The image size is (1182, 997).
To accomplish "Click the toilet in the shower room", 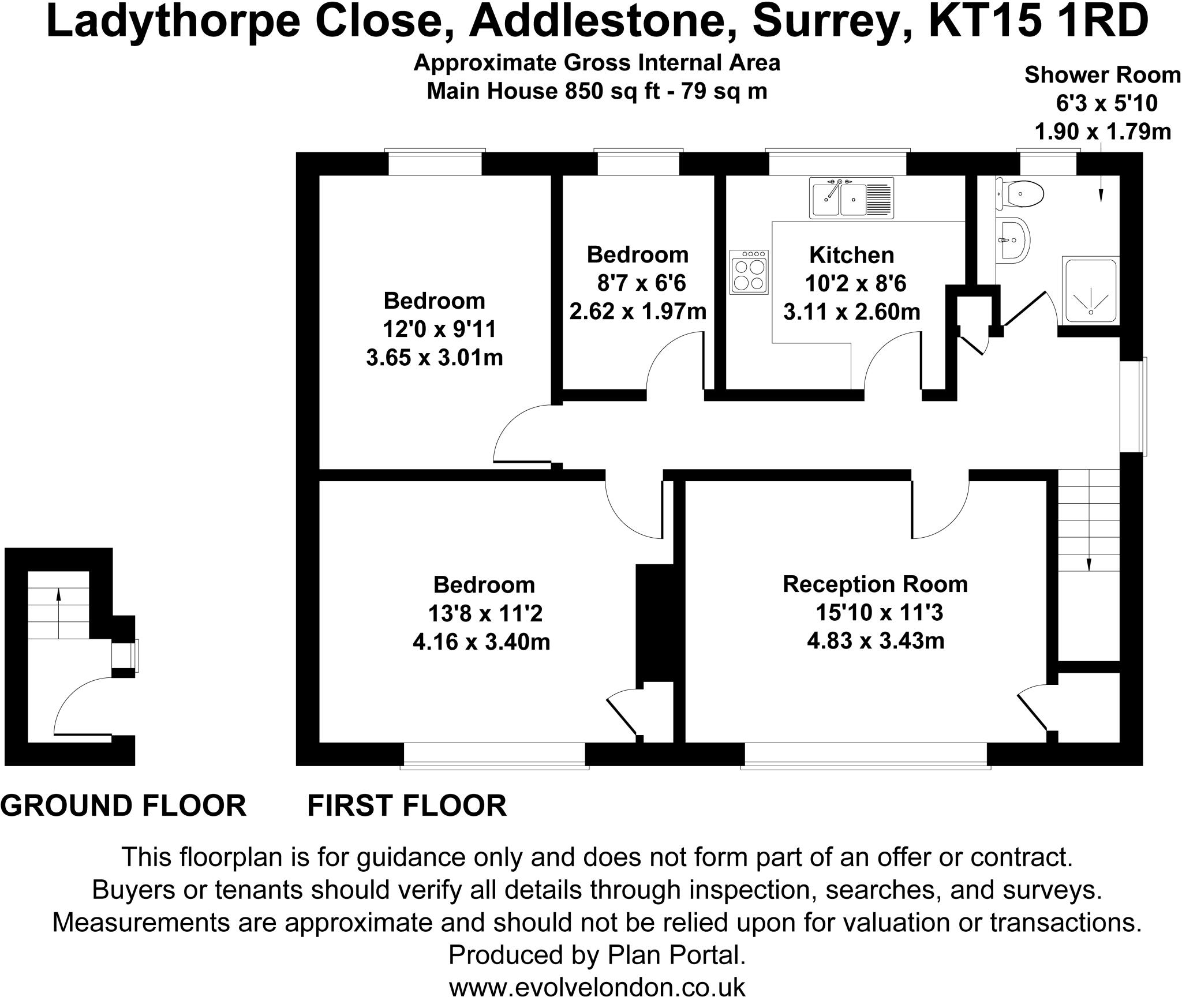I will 1020,194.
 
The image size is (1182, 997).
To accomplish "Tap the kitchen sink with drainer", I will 851,197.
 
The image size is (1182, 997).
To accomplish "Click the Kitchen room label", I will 852,255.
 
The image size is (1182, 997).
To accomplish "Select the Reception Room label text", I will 875,584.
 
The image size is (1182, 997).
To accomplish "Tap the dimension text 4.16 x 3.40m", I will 481,642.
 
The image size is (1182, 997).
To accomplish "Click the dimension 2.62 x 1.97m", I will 638,312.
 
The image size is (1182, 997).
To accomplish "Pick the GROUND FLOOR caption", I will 124,806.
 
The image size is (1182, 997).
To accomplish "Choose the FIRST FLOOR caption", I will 407,806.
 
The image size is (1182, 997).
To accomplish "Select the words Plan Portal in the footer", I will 676,955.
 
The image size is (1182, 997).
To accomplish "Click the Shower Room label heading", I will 1103,75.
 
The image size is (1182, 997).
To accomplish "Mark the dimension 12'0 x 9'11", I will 439,329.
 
